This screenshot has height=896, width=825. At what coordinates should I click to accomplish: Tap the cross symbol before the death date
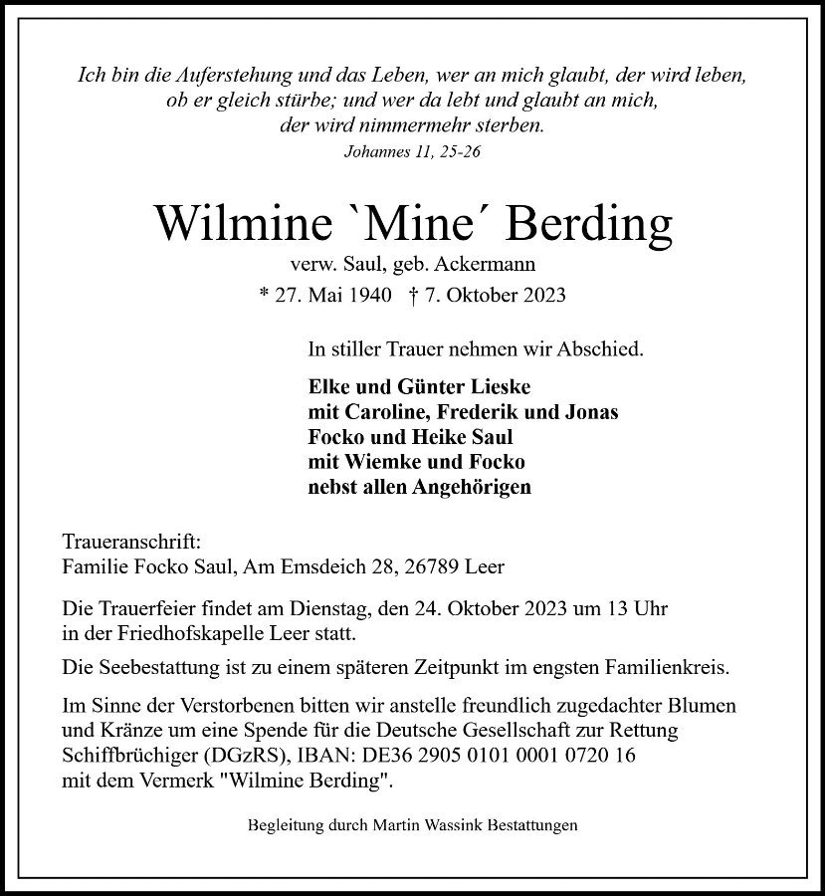pyautogui.click(x=413, y=295)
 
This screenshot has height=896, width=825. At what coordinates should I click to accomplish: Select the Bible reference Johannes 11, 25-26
pyautogui.click(x=412, y=151)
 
